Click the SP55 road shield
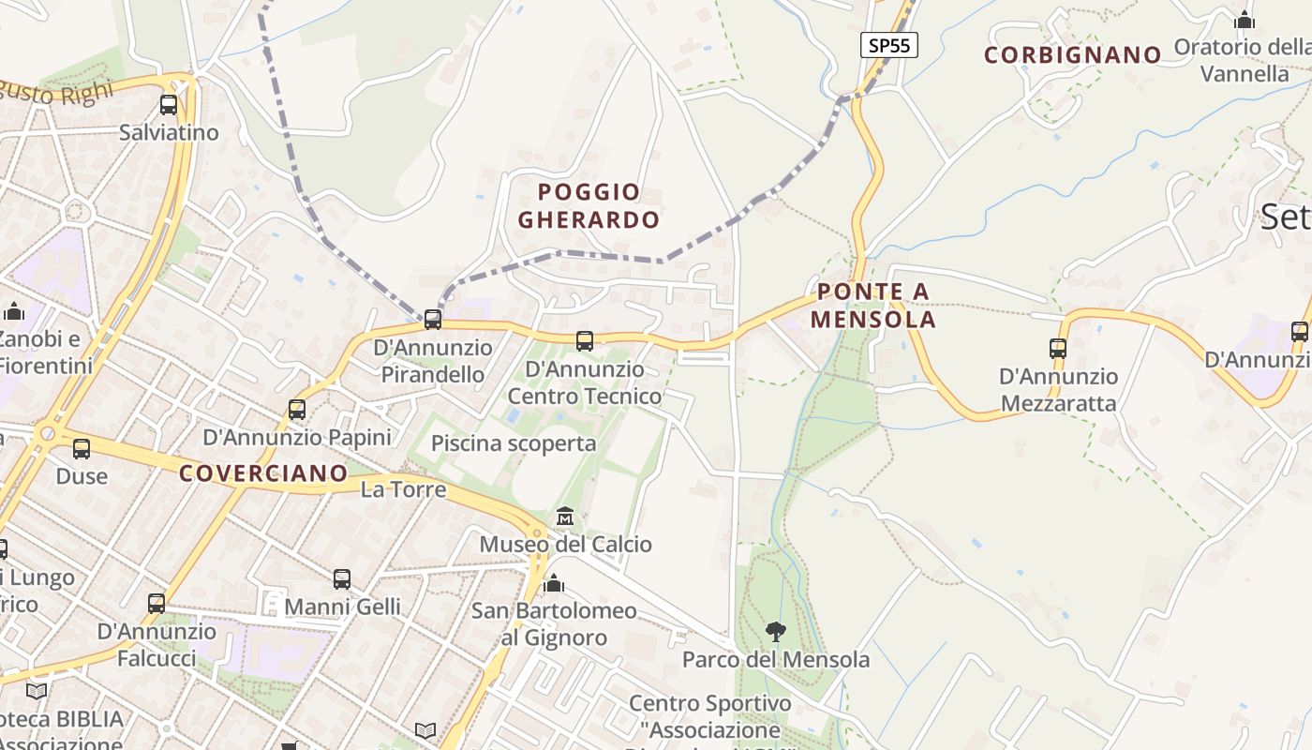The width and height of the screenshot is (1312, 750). pos(888,45)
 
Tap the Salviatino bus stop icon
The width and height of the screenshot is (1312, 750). pos(169,105)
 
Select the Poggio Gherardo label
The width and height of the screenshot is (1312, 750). pos(589,206)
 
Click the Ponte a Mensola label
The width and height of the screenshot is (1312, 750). pos(872,306)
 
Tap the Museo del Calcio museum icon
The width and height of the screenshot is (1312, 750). pos(565,517)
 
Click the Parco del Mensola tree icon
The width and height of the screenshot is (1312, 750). pos(775,632)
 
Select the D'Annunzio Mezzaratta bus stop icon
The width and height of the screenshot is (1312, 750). pos(1058,349)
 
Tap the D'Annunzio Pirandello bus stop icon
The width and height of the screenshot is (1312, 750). pos(433,320)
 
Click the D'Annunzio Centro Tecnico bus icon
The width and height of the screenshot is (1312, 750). pos(585,341)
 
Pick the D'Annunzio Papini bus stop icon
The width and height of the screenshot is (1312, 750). pos(297,410)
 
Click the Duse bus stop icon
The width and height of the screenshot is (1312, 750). pos(82,449)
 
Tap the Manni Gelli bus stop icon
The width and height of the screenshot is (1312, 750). pos(342,579)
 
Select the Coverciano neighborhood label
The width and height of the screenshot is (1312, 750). pos(262,473)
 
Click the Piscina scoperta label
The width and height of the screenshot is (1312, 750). pos(514,443)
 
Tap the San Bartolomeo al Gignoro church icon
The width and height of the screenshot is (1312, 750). pos(554,584)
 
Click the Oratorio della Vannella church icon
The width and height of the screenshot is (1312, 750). pos(1245,20)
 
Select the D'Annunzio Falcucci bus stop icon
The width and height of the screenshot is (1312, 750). pos(157,604)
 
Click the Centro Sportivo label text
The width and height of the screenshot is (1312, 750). pos(709,703)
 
